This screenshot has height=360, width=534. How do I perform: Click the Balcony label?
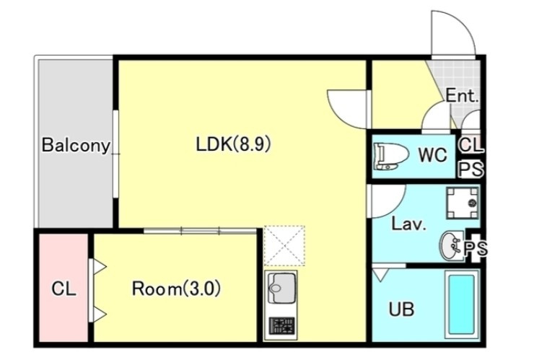76,146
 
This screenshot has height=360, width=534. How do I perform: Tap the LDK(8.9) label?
233,144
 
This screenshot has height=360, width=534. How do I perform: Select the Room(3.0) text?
176,289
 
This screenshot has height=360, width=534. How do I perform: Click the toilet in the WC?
391,157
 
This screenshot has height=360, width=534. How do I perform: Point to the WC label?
432,155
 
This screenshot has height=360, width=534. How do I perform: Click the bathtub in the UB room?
461,304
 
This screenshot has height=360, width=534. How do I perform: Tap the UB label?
401,309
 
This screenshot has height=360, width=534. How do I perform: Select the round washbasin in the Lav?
452,245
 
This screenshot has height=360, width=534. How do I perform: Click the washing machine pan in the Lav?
462,203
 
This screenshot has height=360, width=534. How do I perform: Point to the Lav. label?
408,224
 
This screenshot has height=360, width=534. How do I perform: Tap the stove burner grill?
281,326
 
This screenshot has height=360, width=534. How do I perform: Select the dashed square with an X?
284,245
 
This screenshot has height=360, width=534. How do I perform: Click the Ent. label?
462,96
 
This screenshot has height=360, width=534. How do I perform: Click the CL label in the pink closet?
64,289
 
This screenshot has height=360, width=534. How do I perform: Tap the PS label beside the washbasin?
476,249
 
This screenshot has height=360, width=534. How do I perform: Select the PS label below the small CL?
472,169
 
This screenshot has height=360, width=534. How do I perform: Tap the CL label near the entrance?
471,145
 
